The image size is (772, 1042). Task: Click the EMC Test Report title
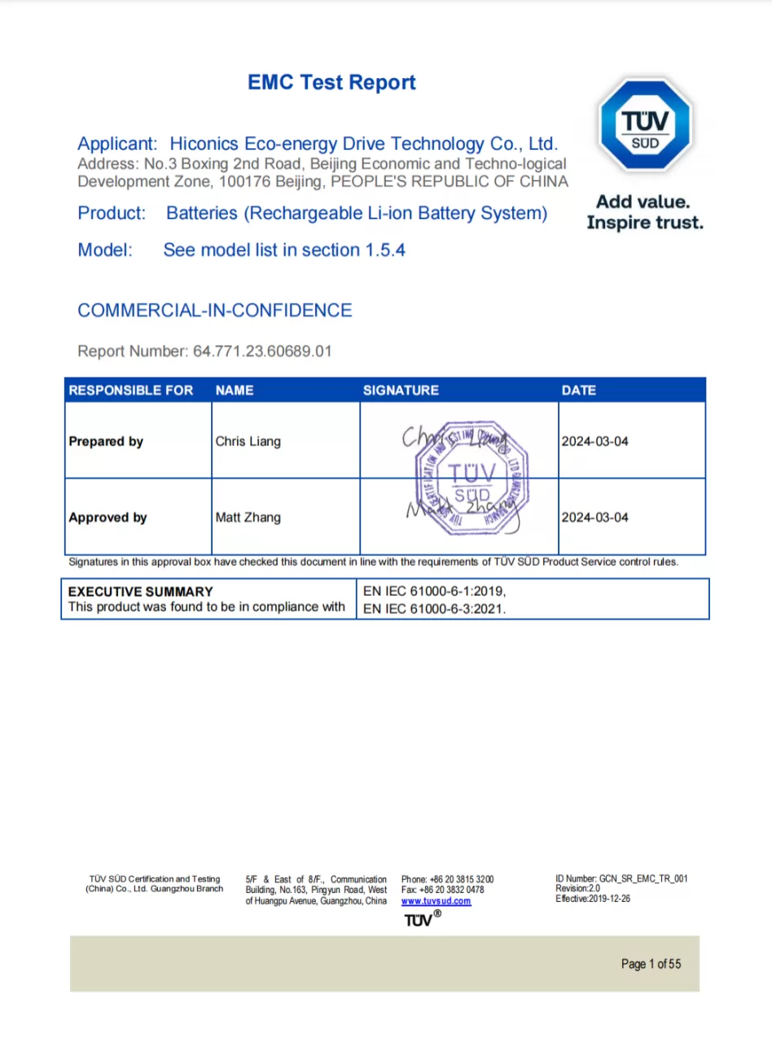pos(331,82)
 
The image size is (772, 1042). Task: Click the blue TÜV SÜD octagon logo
pos(645,124)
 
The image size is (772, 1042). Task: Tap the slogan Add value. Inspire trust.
pos(644,212)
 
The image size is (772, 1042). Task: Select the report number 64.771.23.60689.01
pos(262,352)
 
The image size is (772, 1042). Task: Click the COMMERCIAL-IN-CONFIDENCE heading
pos(214,310)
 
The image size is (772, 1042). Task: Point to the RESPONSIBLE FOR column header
pos(131,391)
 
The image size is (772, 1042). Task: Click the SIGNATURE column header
pos(401,391)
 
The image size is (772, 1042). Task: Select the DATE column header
pos(578,391)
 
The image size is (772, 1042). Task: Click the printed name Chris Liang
pos(248,441)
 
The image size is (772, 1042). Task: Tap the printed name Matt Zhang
pos(248,518)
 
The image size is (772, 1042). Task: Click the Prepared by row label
pos(106,441)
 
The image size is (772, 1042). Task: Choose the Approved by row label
pos(107,518)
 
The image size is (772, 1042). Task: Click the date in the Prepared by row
pos(594,441)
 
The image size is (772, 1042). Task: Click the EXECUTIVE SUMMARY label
pos(140,592)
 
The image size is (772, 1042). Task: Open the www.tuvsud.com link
pos(436,901)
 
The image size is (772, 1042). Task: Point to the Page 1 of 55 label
pos(651,964)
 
